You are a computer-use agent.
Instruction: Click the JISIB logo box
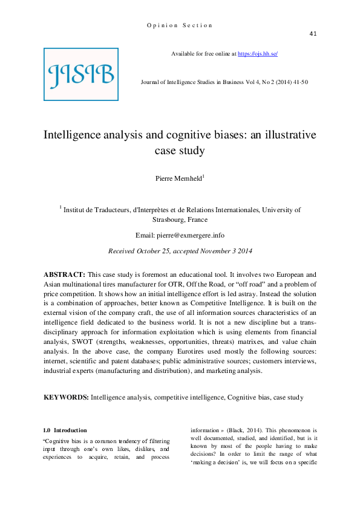pyautogui.click(x=81, y=74)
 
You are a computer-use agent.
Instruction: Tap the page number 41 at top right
pyautogui.click(x=313, y=33)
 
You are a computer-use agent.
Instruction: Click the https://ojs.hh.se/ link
pyautogui.click(x=258, y=54)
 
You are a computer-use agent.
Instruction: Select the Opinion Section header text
pyautogui.click(x=180, y=25)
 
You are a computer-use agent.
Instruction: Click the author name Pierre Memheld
pyautogui.click(x=179, y=178)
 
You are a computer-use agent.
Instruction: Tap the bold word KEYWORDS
pyautogui.click(x=66, y=397)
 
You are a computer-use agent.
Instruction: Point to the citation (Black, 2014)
pyautogui.click(x=244, y=433)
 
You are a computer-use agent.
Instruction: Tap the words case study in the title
pyautogui.click(x=180, y=150)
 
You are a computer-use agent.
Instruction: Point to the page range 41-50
pyautogui.click(x=296, y=81)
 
